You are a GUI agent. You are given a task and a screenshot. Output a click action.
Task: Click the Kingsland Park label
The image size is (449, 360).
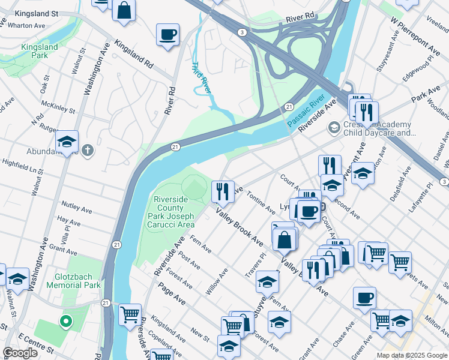(40, 51)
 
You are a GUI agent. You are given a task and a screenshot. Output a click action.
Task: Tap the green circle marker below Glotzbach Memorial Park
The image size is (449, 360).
(65, 322)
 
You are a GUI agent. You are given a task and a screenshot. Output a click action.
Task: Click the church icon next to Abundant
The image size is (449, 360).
(88, 150)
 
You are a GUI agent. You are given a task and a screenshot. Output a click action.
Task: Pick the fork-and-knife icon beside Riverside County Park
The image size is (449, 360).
(223, 191)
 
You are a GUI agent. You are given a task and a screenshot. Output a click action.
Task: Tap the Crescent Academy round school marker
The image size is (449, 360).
(333, 128)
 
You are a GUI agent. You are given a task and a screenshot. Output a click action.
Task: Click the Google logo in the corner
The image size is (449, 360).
(20, 353)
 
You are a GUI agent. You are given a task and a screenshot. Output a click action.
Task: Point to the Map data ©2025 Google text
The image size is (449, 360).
(412, 355)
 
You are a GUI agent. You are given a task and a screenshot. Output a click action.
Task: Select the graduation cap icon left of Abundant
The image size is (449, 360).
(67, 142)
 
